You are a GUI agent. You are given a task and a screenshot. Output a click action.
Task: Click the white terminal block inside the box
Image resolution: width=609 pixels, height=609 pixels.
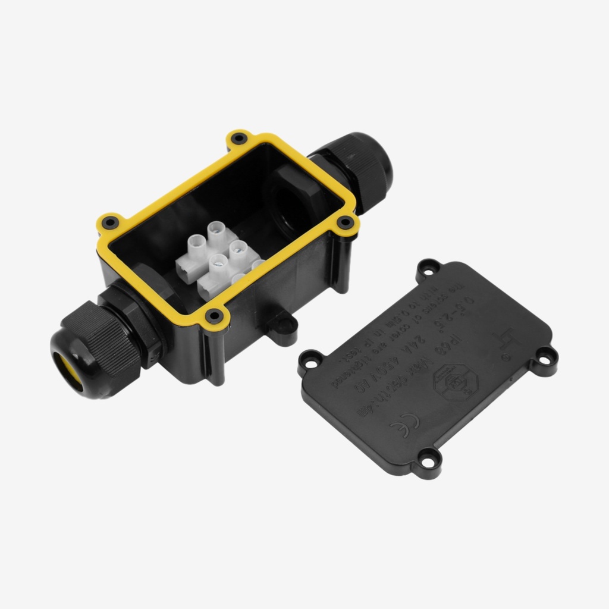[218, 260]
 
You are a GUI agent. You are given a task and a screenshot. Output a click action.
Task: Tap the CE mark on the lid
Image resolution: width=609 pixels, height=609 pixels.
[404, 423]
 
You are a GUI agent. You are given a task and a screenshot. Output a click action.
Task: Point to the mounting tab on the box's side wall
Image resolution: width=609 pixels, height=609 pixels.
[282, 325]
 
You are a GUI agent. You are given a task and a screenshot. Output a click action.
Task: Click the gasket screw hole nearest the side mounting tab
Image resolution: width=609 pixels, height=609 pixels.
[214, 315]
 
